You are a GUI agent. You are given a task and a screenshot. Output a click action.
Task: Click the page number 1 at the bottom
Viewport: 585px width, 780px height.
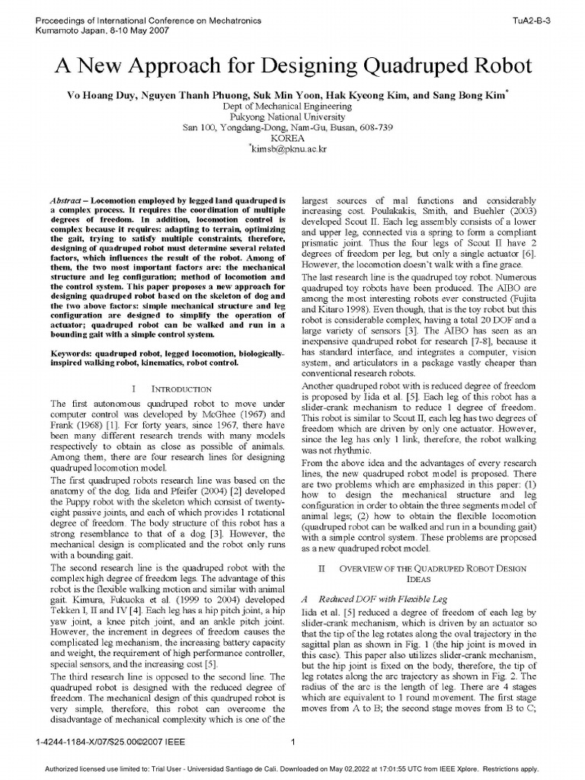(x=292, y=740)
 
